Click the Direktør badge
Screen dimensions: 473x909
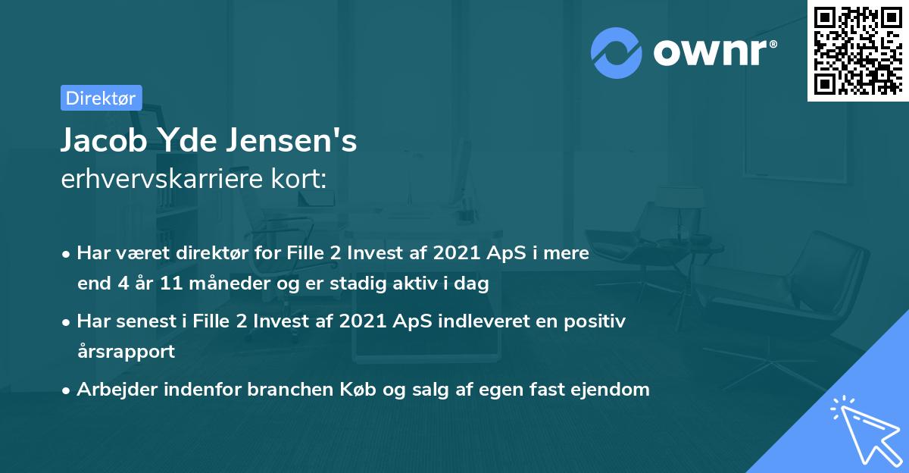point(101,98)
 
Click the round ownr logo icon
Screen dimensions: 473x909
point(617,52)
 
